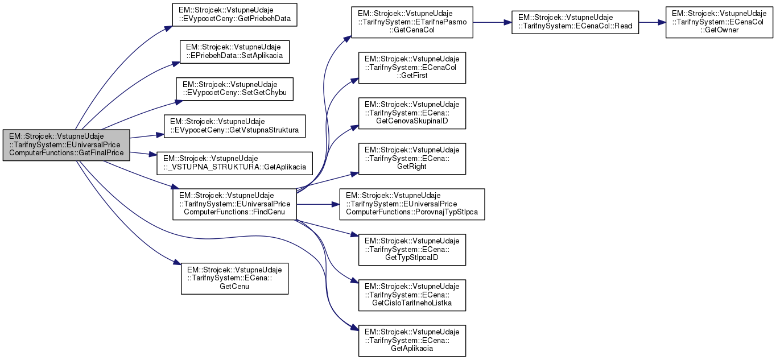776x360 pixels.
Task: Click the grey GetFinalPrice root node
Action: [x=67, y=145]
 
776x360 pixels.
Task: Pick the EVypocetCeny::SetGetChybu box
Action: [x=234, y=89]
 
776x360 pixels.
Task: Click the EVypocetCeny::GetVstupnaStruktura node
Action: [x=234, y=126]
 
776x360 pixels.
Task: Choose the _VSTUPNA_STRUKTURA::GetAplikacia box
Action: [x=234, y=163]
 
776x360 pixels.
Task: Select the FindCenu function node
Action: [x=234, y=204]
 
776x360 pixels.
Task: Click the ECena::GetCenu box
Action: [x=234, y=278]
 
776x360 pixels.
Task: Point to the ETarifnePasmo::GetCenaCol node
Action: [x=412, y=22]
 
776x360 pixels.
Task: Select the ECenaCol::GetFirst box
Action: [x=412, y=68]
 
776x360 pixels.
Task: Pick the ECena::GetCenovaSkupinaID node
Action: [x=412, y=113]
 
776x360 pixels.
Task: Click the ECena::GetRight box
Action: [x=412, y=159]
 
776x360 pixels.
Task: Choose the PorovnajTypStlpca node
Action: [x=412, y=204]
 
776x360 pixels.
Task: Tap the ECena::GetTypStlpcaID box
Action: [x=412, y=250]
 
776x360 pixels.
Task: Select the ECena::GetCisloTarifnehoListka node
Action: [x=412, y=295]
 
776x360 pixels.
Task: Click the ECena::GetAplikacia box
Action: [x=412, y=341]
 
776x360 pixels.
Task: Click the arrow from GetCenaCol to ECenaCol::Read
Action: [x=492, y=23]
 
